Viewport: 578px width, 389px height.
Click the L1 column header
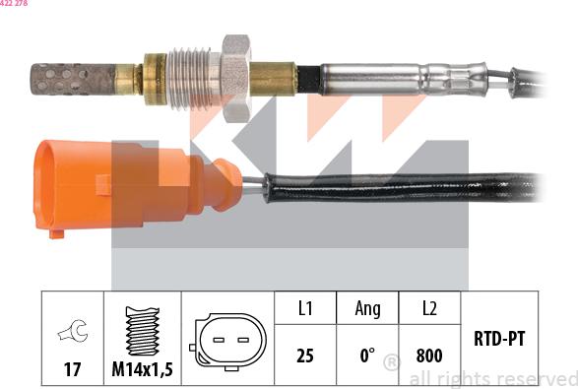(305, 309)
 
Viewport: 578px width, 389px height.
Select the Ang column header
(367, 309)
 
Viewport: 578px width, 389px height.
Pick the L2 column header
(429, 309)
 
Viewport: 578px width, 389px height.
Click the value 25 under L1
(305, 356)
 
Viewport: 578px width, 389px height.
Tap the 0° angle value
(366, 356)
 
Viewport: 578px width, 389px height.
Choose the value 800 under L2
(429, 356)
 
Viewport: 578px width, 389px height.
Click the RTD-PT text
(499, 338)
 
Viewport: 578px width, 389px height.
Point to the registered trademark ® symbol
(391, 364)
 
